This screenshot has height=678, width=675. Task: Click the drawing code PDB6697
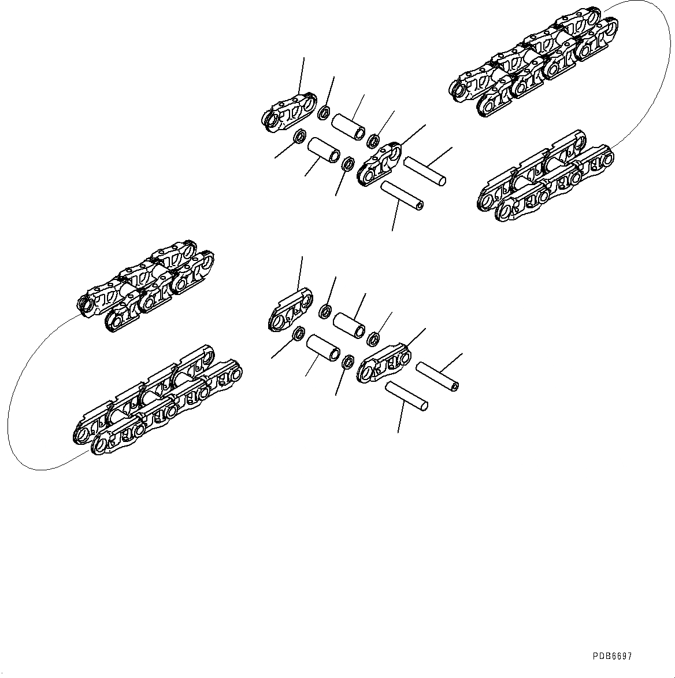[x=612, y=657]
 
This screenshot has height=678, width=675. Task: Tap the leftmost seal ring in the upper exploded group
[x=300, y=137]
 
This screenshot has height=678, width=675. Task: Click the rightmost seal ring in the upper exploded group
[x=373, y=140]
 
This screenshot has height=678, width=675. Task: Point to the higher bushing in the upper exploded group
[x=348, y=126]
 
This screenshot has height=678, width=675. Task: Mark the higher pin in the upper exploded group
[x=425, y=172]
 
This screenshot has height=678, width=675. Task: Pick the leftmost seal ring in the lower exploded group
[x=299, y=333]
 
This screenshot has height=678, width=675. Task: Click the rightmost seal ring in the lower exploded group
[x=373, y=338]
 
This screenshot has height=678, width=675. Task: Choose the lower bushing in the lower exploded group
[x=324, y=347]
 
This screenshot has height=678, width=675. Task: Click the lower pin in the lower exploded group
[x=407, y=396]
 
